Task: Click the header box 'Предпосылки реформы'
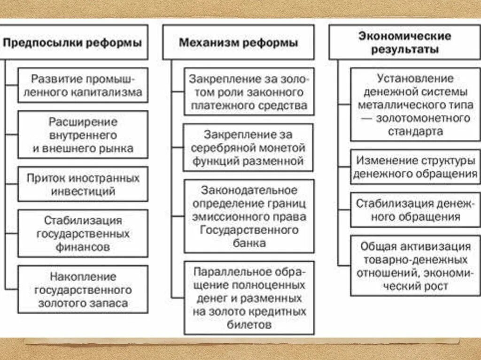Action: point(74,43)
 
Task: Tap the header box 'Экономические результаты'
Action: point(404,42)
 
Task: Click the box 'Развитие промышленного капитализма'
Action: point(83,85)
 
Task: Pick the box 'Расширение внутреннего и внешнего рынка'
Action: point(83,135)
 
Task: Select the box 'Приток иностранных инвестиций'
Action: point(83,184)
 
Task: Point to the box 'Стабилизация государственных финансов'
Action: point(83,233)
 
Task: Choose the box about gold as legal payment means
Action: point(248,92)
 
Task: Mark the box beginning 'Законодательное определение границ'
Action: point(248,216)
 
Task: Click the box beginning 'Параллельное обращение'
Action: point(248,298)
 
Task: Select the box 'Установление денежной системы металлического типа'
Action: point(416,105)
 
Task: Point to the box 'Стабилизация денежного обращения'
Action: point(416,210)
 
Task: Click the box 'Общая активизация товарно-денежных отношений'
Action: point(416,266)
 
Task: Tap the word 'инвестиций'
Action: point(84,191)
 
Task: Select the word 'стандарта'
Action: point(416,131)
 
